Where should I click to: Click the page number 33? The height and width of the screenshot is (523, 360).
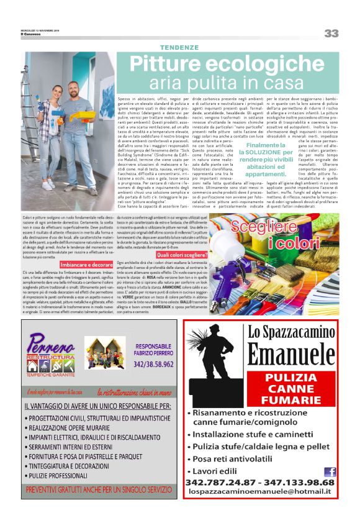click(331, 33)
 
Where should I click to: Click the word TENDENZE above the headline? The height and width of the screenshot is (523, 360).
click(179, 48)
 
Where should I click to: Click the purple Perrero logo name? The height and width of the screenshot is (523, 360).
click(50, 343)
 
